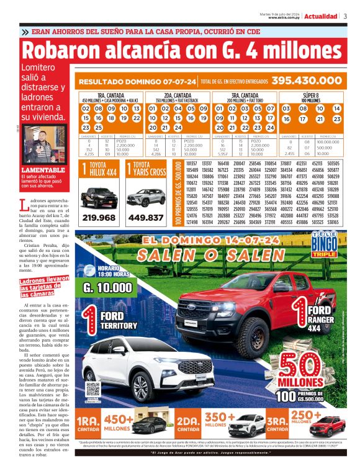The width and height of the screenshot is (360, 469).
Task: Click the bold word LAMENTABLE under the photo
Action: click(40, 169)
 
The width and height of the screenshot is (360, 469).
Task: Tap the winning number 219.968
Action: click(99, 218)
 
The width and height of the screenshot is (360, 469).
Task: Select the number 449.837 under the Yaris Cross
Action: click(147, 218)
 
